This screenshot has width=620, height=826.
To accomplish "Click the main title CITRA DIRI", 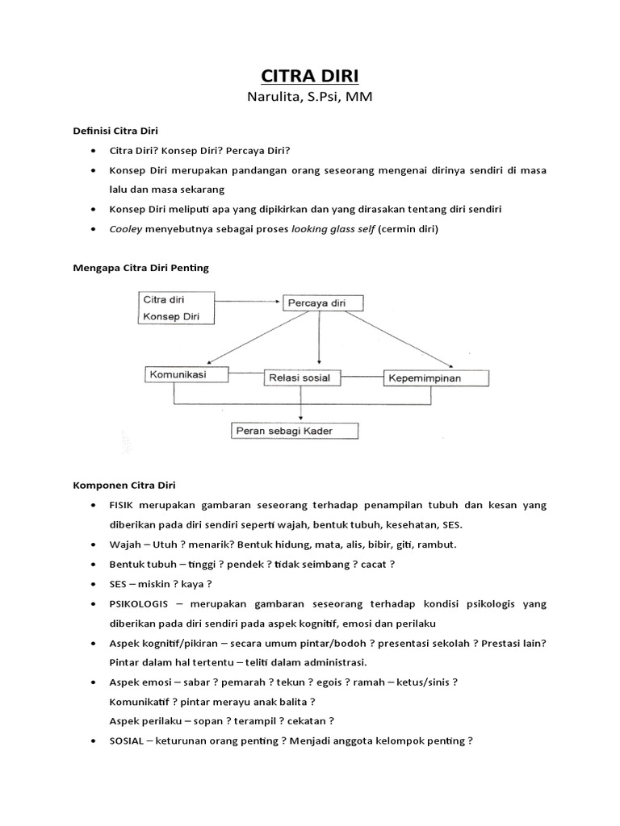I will [x=311, y=77].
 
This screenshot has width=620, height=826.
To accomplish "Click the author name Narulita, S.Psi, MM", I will [x=311, y=98].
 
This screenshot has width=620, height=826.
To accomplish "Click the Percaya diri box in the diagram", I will [x=323, y=303].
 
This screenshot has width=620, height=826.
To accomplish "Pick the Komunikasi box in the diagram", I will [x=187, y=374].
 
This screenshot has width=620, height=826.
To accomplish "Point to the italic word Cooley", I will [x=125, y=229].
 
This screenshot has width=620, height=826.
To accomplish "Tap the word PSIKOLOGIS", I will [x=141, y=603].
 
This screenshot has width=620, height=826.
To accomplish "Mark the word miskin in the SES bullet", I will [x=155, y=583].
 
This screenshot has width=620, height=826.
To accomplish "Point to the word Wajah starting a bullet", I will [x=125, y=544].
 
